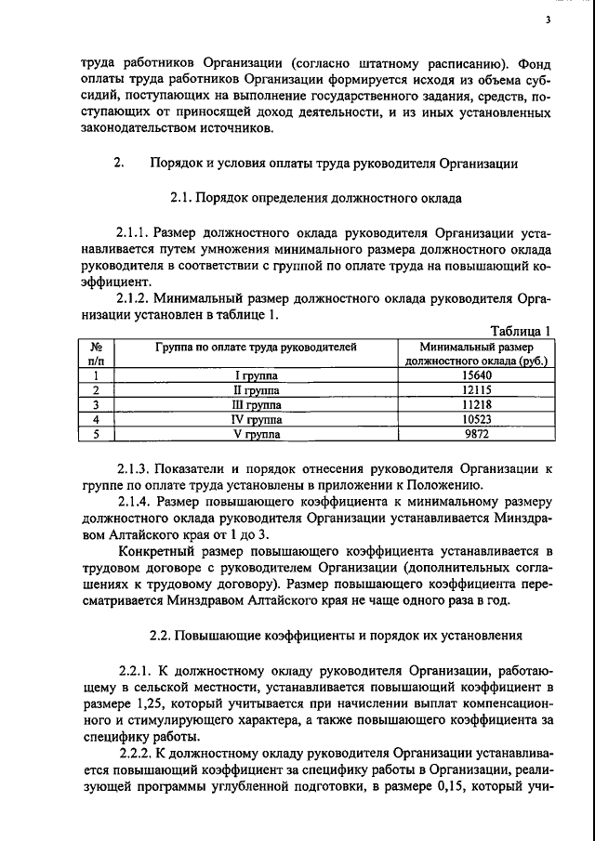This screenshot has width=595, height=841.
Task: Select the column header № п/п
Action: coord(96,352)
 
